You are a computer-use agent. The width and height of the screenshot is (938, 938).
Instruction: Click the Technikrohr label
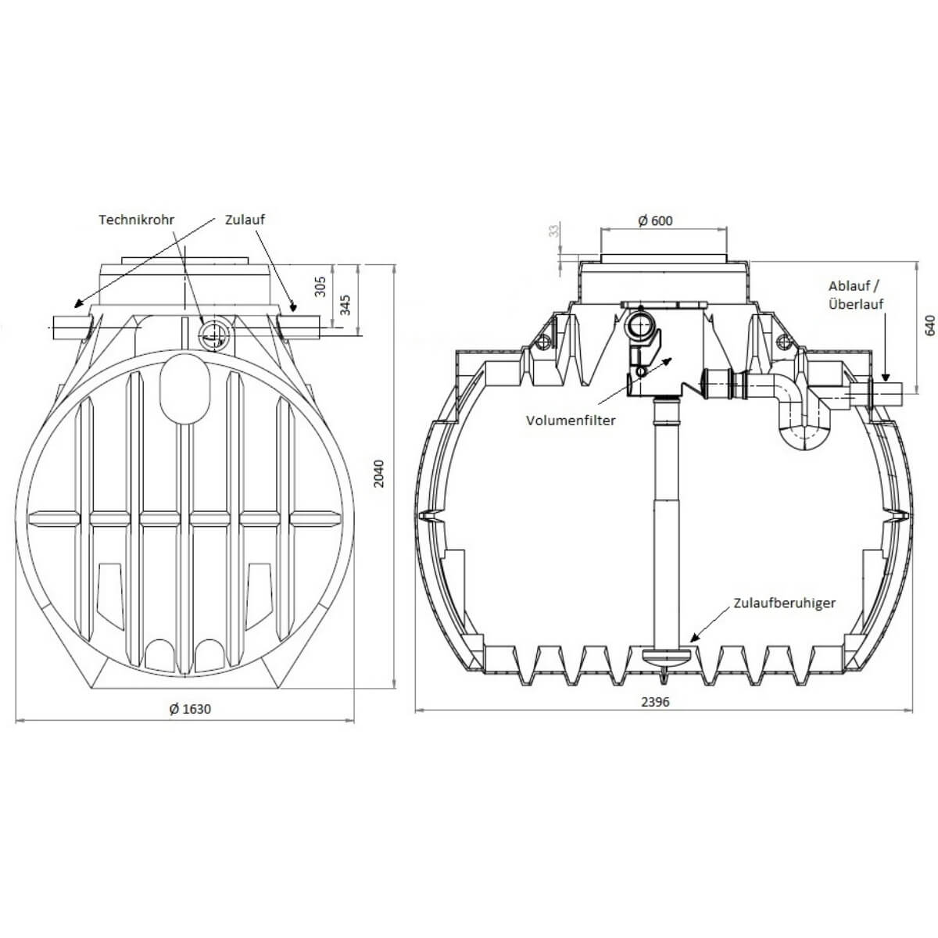click(x=136, y=220)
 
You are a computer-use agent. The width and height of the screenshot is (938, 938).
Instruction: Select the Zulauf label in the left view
click(x=245, y=220)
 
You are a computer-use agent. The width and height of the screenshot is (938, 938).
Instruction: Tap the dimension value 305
click(x=320, y=288)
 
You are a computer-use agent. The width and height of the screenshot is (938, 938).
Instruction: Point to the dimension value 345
click(x=345, y=305)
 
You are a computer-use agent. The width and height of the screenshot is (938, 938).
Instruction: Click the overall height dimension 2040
click(x=379, y=473)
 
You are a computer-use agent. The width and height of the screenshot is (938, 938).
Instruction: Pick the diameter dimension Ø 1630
click(x=190, y=709)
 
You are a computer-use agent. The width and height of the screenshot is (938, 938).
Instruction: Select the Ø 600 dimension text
click(x=655, y=220)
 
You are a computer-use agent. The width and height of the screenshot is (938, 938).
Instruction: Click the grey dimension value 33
click(x=554, y=231)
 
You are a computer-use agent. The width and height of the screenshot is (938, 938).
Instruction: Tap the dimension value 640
click(x=929, y=324)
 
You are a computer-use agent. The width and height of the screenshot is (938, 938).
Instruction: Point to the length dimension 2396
click(x=655, y=701)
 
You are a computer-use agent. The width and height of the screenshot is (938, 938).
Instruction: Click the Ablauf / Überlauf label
click(x=856, y=295)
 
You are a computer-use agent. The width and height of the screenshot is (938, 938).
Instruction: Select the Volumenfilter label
click(x=571, y=420)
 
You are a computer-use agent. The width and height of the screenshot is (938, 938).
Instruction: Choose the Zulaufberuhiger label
click(x=784, y=603)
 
